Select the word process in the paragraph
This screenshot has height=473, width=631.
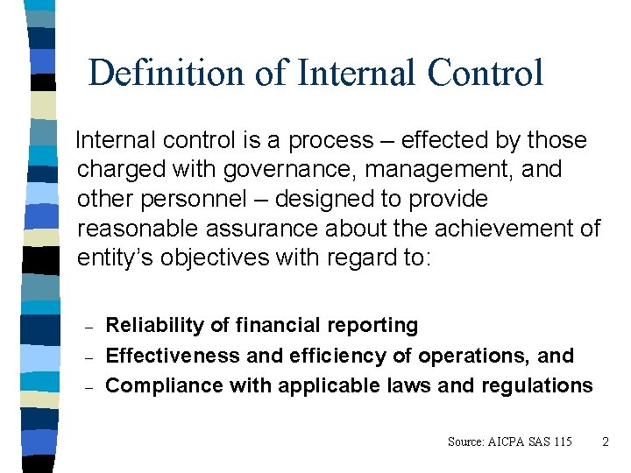pos(336,140)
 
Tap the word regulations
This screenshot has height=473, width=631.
pos(536,385)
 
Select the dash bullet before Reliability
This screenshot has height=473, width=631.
pos(86,328)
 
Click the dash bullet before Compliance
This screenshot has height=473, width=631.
pos(86,387)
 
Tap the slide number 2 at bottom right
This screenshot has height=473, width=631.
pos(605,441)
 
